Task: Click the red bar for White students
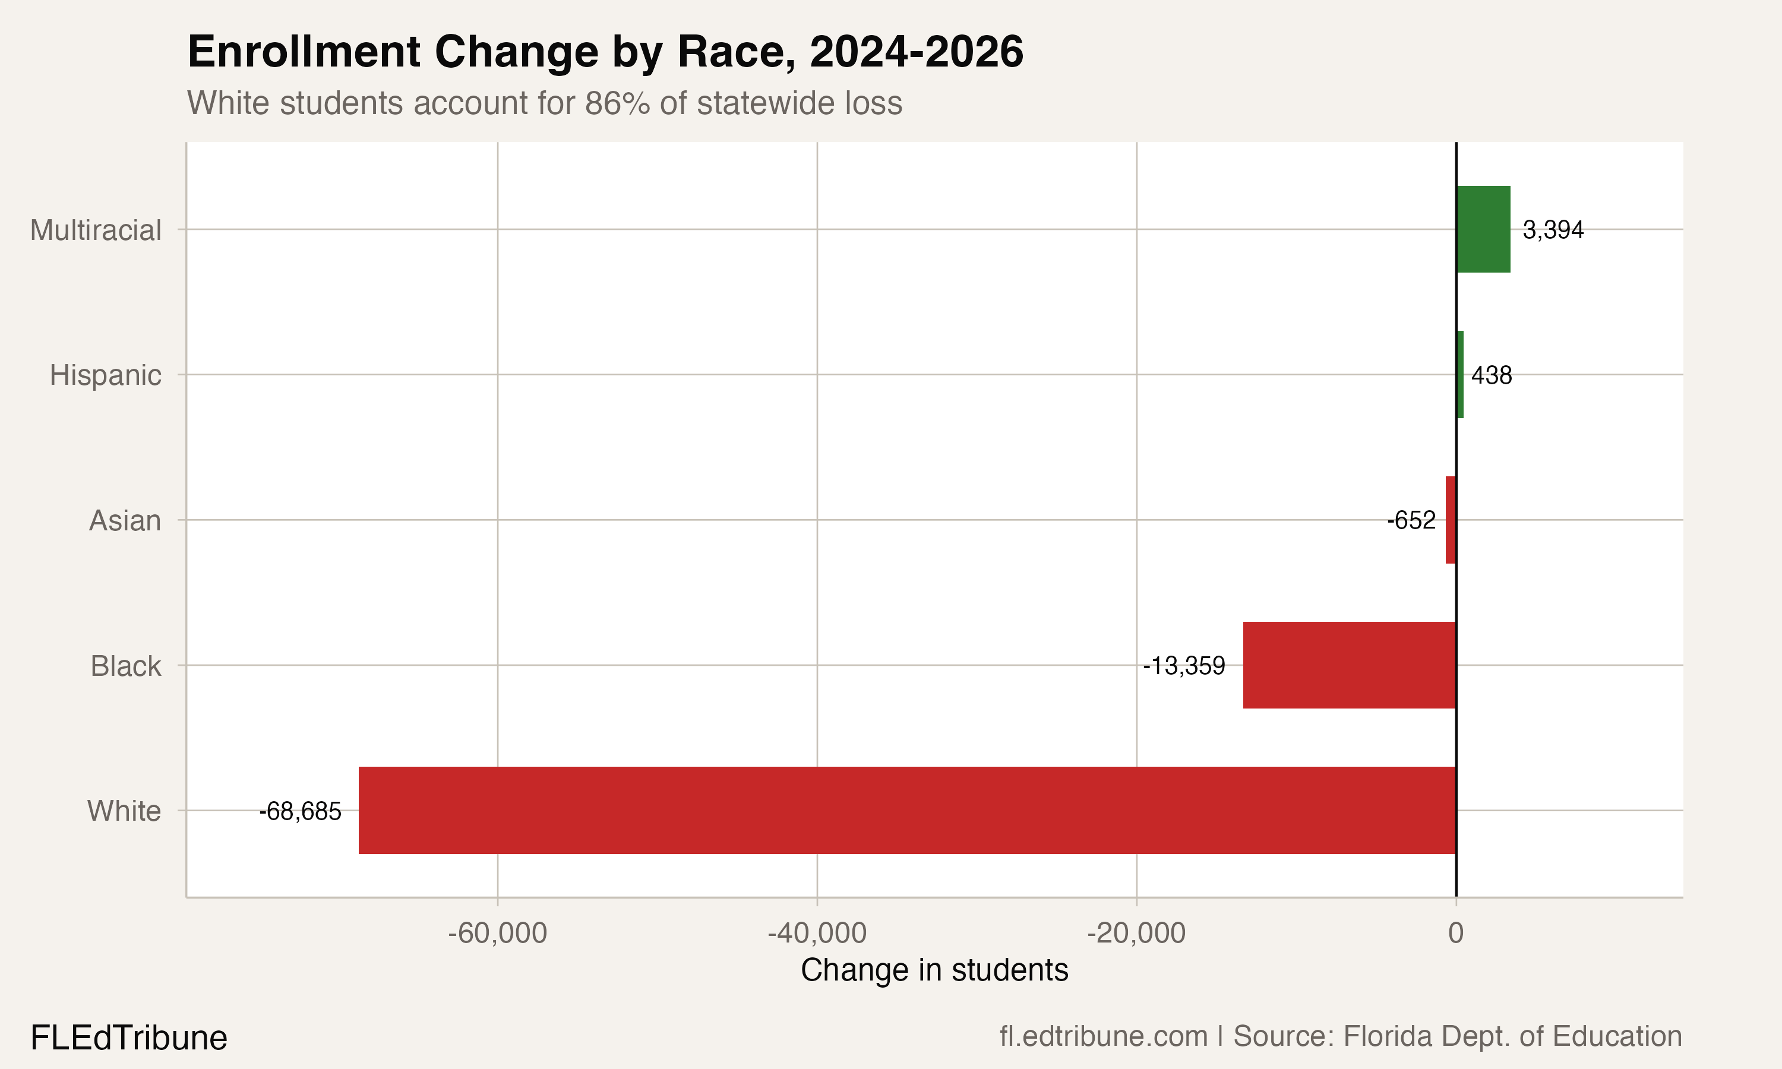[x=908, y=811]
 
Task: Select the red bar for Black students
[x=1349, y=665]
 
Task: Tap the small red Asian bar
[x=1451, y=520]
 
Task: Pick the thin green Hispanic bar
[x=1460, y=375]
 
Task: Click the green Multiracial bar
[x=1483, y=229]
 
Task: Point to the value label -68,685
[x=301, y=812]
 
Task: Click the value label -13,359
[x=1184, y=666]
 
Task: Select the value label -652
[x=1411, y=520]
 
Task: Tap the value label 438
[x=1491, y=375]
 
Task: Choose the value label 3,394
[x=1553, y=230]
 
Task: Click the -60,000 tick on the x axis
[x=497, y=934]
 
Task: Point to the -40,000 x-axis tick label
[x=817, y=934]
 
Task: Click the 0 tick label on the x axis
[x=1456, y=934]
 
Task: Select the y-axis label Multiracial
[x=95, y=230]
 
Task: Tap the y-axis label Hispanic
[x=105, y=375]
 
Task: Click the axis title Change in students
[x=934, y=970]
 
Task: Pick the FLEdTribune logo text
[x=129, y=1038]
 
